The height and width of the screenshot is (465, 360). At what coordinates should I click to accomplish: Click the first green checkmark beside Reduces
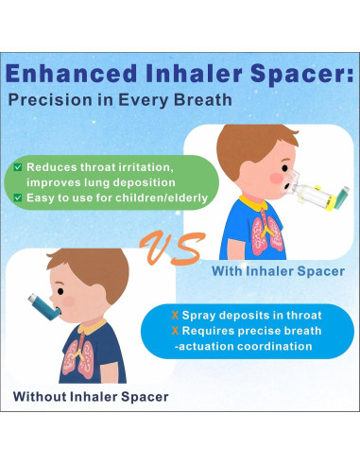[x=18, y=167]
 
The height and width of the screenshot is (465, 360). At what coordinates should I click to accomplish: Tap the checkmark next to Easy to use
[x=18, y=198]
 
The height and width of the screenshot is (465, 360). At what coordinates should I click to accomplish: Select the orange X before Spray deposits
[x=174, y=314]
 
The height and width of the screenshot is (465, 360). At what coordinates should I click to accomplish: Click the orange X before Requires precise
[x=174, y=330]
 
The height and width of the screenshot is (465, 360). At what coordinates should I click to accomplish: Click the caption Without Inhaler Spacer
[x=91, y=395]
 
